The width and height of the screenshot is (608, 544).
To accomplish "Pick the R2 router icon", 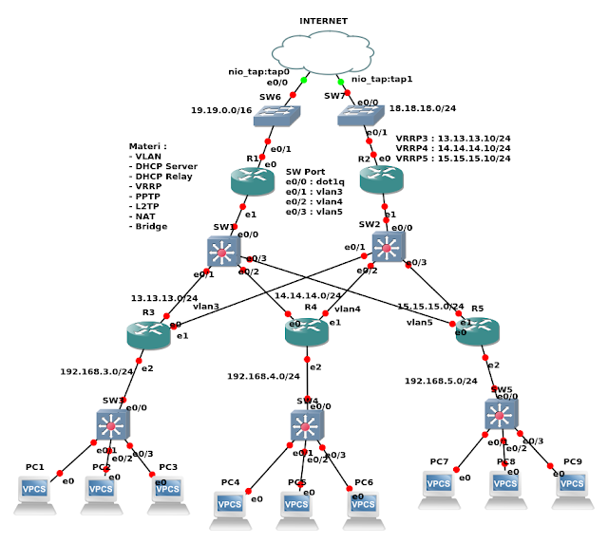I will (x=382, y=180).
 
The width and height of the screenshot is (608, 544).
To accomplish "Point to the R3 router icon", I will (x=147, y=334).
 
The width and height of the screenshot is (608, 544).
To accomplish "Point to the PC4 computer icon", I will (x=230, y=506).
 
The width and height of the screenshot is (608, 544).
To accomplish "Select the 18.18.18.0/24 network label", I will (x=425, y=111).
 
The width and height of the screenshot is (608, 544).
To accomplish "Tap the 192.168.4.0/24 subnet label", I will (x=262, y=376).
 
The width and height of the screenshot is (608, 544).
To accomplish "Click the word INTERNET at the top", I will (x=324, y=20).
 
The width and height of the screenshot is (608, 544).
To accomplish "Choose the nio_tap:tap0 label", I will (x=257, y=71).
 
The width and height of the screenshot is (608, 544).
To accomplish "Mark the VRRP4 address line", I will (x=452, y=148).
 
